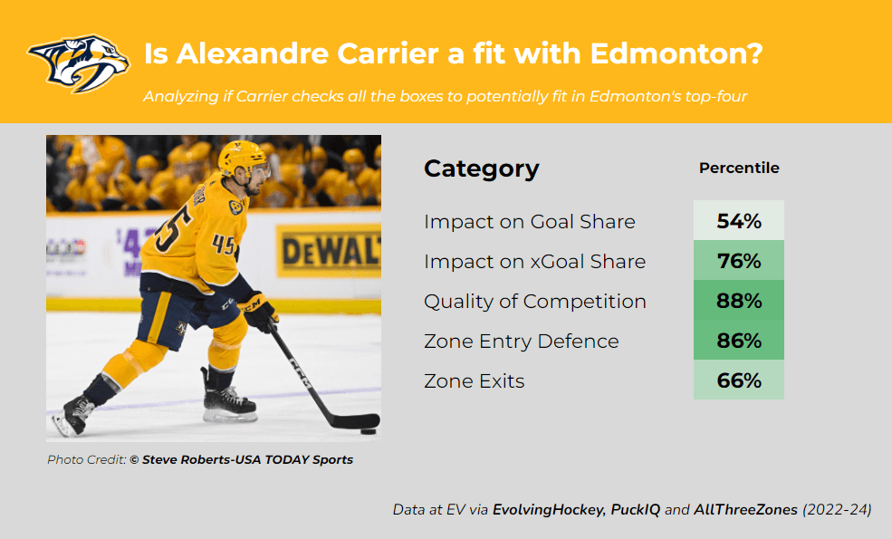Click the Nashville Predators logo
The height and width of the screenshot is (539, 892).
tap(79, 63)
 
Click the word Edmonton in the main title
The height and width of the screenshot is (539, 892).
tap(676, 54)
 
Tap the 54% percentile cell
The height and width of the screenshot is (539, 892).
tap(738, 220)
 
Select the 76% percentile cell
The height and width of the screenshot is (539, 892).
tap(738, 260)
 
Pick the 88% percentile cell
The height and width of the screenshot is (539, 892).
tap(738, 300)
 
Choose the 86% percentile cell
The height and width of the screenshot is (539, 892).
tap(738, 340)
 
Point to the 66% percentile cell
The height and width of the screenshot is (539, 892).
tap(738, 380)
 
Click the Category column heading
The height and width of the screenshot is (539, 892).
tap(481, 169)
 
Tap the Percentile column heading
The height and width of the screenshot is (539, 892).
tap(739, 168)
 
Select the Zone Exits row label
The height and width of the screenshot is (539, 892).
tap(474, 380)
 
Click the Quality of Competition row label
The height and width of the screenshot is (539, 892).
tap(534, 302)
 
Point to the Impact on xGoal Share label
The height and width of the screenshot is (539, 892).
tap(534, 261)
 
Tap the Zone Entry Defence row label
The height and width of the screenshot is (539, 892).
tap(521, 341)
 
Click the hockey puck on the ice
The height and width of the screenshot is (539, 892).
tap(369, 431)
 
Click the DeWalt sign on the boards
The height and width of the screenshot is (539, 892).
tap(329, 250)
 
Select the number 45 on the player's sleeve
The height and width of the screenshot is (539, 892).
tap(224, 245)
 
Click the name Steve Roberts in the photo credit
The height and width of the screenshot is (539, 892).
tap(186, 460)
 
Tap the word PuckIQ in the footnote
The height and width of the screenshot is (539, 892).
tap(636, 509)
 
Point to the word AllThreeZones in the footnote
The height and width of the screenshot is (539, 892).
tap(745, 509)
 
